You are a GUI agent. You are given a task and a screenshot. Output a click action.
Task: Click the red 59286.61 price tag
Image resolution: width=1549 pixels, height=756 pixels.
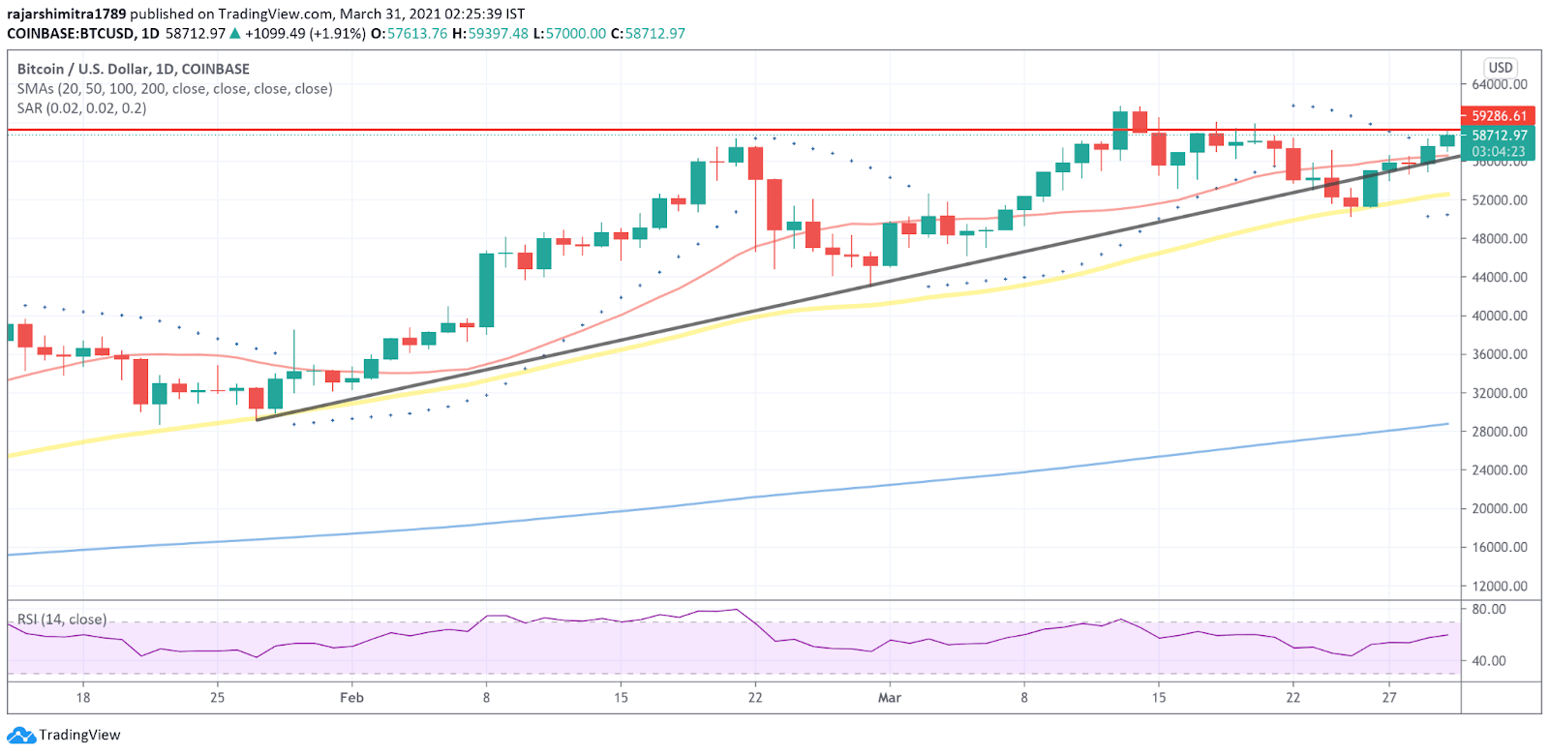pos(1499,116)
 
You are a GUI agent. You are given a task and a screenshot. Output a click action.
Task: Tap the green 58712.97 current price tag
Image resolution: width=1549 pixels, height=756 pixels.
pos(1499,136)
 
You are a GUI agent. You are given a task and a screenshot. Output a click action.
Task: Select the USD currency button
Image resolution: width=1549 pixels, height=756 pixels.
pos(1501,68)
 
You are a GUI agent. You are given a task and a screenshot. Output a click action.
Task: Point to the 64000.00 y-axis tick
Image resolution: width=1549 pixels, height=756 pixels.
pos(1500,85)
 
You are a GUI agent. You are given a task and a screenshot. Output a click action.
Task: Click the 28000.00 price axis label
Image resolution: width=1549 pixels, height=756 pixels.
pos(1500,432)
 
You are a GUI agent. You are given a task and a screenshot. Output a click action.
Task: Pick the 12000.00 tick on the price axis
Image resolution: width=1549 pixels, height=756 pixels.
pos(1500,586)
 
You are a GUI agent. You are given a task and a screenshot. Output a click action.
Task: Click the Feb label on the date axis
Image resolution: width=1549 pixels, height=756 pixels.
pos(351,698)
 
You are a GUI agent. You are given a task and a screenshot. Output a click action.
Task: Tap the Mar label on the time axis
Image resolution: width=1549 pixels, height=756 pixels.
pos(889,698)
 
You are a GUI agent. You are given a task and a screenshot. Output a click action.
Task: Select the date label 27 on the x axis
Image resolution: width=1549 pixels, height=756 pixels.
pos(1389,698)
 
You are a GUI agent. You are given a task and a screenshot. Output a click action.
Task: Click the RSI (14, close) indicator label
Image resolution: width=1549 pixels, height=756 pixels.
pos(62,620)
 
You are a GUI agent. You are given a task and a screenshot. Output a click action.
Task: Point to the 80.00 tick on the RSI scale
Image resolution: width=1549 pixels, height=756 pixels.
pos(1489,610)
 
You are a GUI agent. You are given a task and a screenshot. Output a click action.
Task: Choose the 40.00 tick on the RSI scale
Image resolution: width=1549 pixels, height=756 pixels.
pos(1489,661)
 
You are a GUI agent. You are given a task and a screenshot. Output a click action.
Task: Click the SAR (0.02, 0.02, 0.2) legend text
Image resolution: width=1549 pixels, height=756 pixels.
pos(82,108)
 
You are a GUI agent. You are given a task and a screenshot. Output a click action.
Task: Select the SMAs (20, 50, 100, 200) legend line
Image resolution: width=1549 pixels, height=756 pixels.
pos(174,89)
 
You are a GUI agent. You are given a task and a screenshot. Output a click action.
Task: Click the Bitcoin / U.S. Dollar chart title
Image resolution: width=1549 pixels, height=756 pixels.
pos(134,69)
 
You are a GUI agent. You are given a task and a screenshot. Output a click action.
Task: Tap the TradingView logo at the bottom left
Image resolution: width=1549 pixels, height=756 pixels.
pos(65,735)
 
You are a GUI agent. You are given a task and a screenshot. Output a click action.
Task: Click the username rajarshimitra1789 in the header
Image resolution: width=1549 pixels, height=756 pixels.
pos(66,14)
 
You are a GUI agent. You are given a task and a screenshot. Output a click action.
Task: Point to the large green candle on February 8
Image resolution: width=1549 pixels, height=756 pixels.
pos(487,290)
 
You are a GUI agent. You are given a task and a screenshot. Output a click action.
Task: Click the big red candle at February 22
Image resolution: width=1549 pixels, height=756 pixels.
pos(774,205)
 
